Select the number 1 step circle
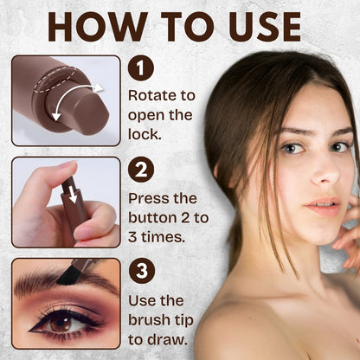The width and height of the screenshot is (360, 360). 139,68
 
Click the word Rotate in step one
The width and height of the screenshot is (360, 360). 150,95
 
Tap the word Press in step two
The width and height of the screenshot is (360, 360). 147,198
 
